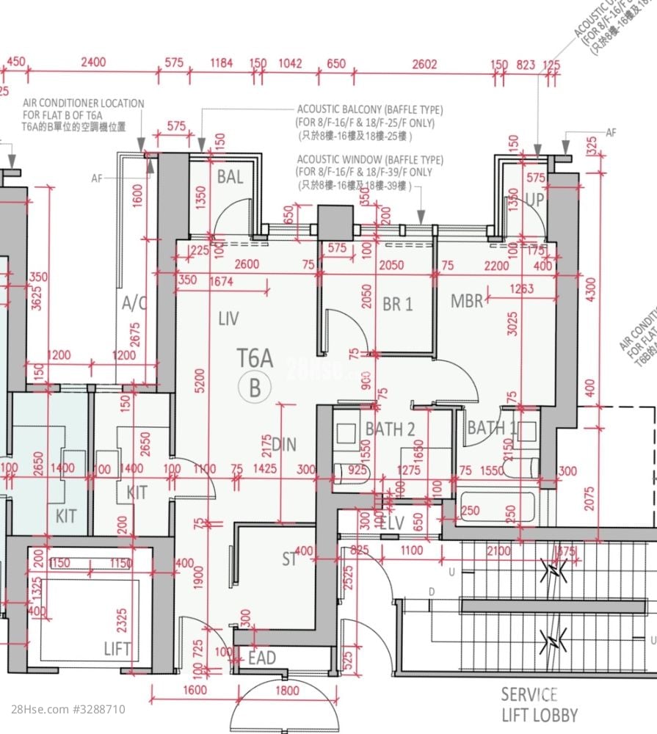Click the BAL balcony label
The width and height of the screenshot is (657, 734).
coord(230,177)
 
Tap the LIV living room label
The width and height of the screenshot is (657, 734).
coord(228,318)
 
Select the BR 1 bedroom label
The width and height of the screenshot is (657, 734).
coord(397,304)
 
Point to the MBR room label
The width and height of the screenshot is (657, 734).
coord(467,301)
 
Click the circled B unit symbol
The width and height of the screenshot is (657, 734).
coord(255,387)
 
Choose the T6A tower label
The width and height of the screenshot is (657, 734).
coord(255,358)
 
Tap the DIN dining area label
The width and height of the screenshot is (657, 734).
coord(284,444)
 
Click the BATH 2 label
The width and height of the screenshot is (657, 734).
coord(391,429)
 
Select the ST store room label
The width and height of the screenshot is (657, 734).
coord(289,560)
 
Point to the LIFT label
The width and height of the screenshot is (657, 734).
coord(117,649)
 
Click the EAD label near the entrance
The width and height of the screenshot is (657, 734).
coord(262,658)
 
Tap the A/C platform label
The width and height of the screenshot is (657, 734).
coord(134,304)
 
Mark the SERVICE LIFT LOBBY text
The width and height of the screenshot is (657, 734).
coord(539,705)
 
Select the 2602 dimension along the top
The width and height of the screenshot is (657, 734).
coord(424,64)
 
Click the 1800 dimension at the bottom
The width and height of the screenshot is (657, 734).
coord(287,691)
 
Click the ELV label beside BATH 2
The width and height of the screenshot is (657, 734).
coord(393,523)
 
